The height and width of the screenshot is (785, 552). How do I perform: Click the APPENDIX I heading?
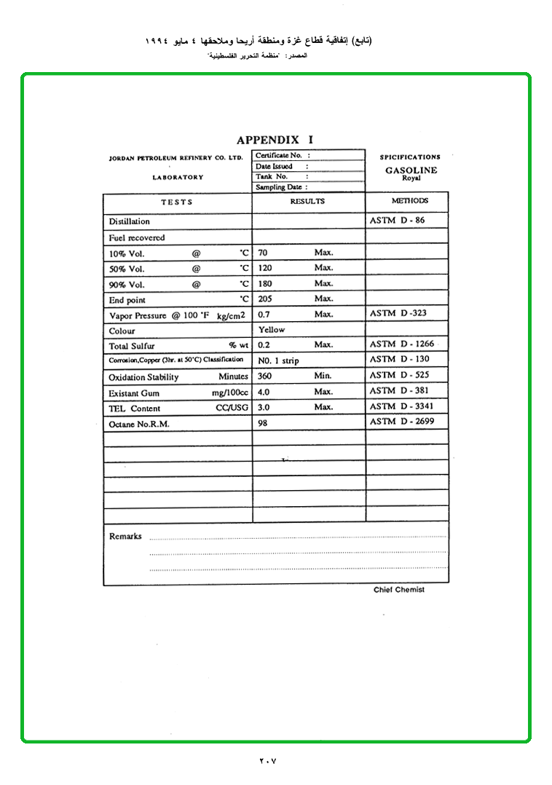(275, 140)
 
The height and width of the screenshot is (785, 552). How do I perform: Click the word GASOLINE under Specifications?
(411, 170)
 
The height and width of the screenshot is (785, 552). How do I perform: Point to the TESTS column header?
(177, 202)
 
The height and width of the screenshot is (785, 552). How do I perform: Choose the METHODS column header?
(409, 200)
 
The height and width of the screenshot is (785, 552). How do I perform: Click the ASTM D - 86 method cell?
(397, 220)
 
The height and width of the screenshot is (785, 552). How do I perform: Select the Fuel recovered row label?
(137, 237)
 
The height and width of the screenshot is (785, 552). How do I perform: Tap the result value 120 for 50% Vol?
(265, 268)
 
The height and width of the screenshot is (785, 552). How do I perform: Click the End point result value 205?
(265, 299)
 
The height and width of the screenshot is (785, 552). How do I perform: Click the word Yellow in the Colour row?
(272, 330)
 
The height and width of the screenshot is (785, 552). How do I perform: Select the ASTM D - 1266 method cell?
(402, 344)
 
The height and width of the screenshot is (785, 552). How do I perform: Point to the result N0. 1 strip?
(278, 360)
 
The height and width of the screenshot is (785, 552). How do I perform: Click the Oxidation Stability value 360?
(265, 376)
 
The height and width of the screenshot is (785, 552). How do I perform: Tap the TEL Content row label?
(135, 409)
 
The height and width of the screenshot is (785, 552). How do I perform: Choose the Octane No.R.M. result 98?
(263, 422)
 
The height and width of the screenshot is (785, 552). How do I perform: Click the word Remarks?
(125, 536)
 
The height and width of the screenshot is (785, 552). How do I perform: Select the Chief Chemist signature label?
(399, 590)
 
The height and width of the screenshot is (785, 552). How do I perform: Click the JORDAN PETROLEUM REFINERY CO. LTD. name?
(176, 157)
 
